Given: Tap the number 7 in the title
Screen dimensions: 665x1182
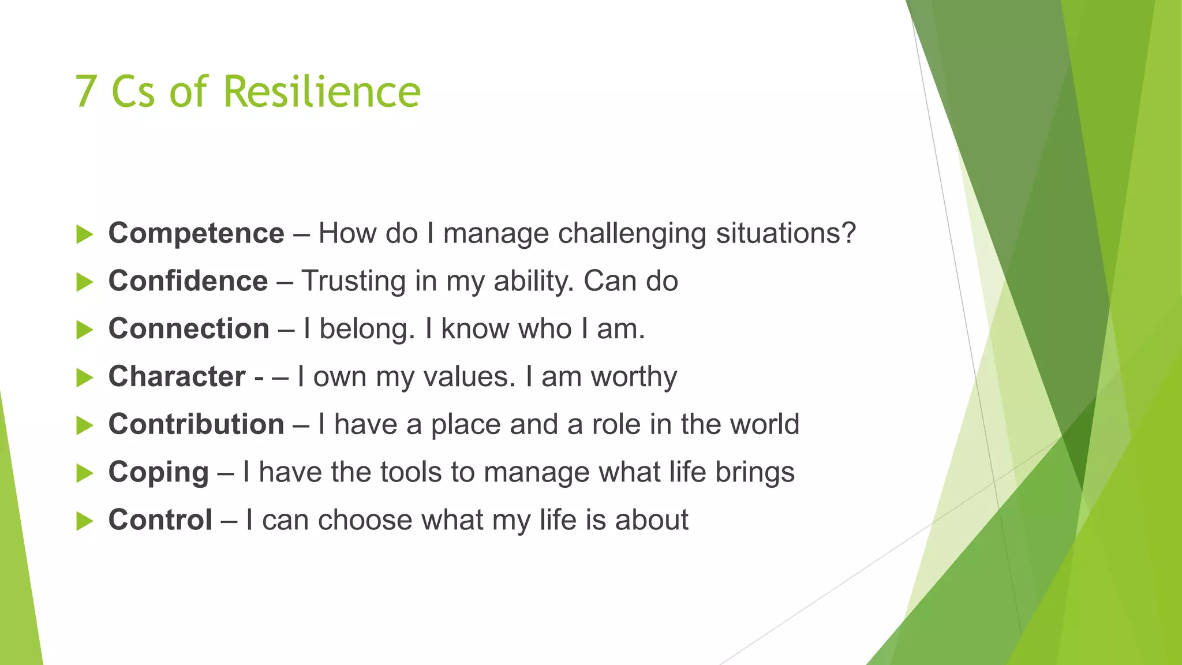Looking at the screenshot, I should (85, 92).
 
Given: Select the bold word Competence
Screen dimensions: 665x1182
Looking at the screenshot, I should (196, 233).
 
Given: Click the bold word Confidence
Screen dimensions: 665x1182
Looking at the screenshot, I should (188, 281).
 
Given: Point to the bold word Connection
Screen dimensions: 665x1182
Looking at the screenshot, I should (189, 329).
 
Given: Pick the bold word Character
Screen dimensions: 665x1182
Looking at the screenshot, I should (177, 376).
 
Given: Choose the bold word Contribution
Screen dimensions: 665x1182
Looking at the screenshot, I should (196, 424).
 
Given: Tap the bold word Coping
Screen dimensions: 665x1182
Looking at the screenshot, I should (159, 473).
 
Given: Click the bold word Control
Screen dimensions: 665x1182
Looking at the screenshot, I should (160, 520).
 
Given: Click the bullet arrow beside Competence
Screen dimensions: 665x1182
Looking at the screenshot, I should (84, 234).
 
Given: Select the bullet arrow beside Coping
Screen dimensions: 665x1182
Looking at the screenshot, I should (84, 473).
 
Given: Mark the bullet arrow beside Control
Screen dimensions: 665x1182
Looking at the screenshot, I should (84, 521).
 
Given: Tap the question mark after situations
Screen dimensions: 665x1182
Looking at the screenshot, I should (848, 233).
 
